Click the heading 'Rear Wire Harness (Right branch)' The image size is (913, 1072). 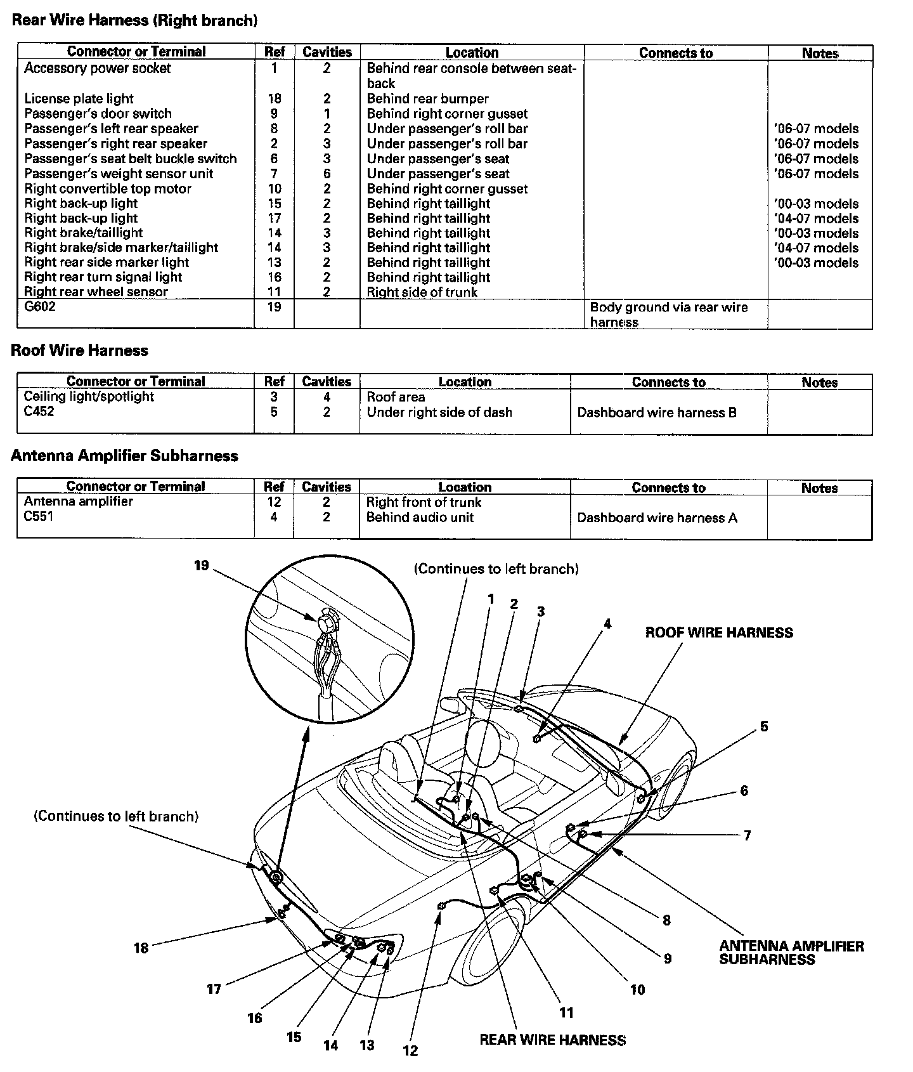point(134,20)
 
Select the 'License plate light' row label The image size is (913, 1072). point(79,98)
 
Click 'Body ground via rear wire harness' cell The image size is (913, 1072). point(669,314)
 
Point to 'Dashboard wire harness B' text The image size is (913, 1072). point(657,412)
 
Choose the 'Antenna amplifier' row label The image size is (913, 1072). point(79,501)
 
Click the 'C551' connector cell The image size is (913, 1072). point(39,516)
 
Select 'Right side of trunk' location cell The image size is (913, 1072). point(422,292)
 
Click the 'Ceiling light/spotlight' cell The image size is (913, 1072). point(89,396)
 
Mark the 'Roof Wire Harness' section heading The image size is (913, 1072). point(79,350)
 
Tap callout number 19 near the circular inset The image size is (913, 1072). point(202,565)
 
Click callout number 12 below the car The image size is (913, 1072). point(410,1051)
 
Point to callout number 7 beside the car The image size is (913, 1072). point(747,835)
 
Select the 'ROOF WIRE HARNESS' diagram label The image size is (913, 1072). point(719,632)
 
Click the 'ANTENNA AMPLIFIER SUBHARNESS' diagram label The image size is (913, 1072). point(791,953)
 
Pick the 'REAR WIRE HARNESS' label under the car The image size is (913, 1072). point(552,1040)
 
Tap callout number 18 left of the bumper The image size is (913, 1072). point(141,948)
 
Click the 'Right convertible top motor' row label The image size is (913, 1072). point(108,188)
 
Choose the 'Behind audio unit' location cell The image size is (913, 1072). point(420,517)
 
